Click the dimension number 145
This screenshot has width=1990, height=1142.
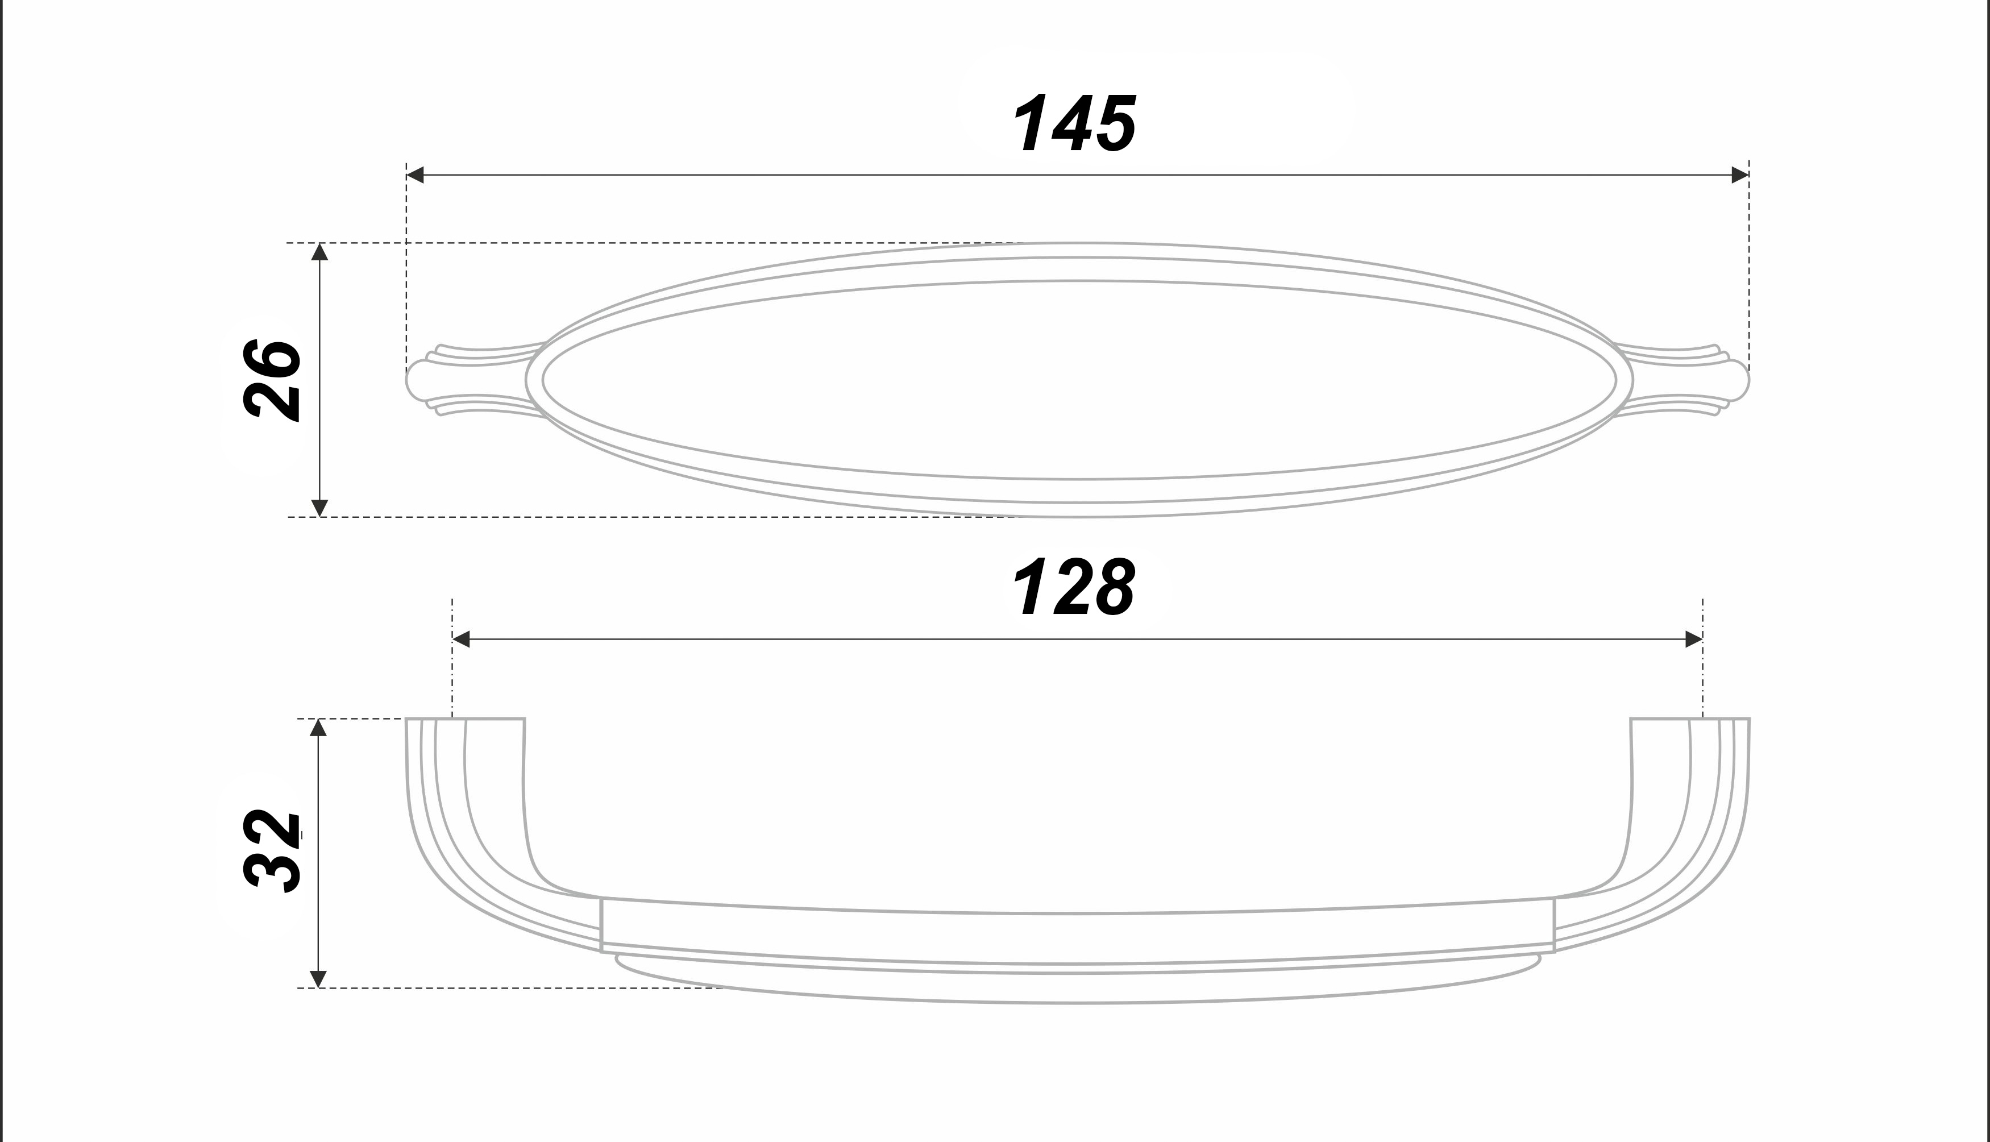coord(1074,123)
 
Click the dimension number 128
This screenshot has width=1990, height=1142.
coord(1073,587)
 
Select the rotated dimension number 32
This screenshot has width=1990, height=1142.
coord(272,851)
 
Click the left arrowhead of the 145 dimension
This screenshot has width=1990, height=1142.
coord(416,175)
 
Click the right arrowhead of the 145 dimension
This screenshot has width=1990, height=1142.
coord(1740,175)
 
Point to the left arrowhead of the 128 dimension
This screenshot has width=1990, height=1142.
coord(461,639)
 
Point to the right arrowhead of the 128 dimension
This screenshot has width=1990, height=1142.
coord(1694,639)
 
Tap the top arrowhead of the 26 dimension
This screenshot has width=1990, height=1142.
coord(319,252)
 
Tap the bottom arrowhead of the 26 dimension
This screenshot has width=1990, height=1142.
coord(319,508)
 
